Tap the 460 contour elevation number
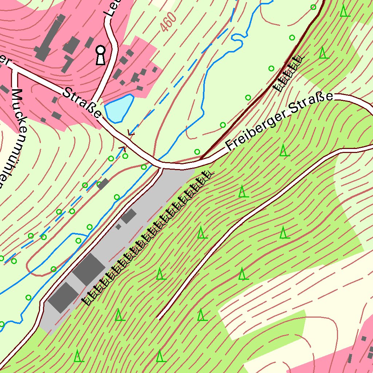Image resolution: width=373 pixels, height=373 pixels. (168, 23)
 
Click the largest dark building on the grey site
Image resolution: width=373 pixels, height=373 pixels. (89, 270)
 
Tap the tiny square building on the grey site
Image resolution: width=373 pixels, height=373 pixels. (118, 227)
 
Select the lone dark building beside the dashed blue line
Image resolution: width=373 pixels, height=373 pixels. (103, 184)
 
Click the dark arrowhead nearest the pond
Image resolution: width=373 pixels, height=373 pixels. (131, 134)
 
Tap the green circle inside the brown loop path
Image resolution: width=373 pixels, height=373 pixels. (53, 269)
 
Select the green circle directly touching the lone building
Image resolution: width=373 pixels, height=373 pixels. (99, 184)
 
